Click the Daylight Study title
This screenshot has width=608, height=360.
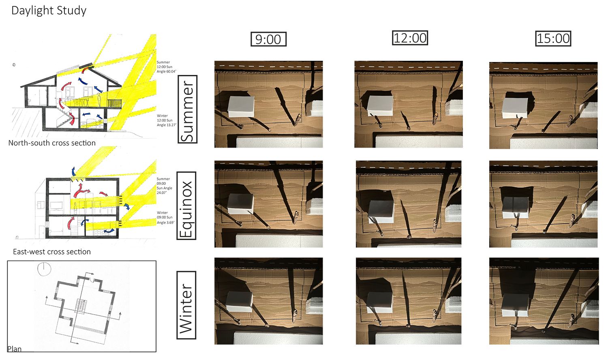pos(49,11)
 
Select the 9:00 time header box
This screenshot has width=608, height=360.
pos(268,39)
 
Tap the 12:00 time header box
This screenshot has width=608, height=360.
pos(410,38)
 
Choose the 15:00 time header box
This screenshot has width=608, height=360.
pos(553,39)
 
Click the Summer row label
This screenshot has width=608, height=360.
pos(187,109)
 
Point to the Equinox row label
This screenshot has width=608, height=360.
pos(186,206)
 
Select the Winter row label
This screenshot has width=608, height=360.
pos(186,305)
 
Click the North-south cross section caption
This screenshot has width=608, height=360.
pos(52,143)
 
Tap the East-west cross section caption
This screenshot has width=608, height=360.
pos(52,252)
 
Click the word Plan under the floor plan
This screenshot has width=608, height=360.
pos(14,349)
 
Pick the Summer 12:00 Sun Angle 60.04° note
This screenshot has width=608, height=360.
pos(166,67)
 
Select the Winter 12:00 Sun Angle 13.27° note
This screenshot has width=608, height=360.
pos(166,120)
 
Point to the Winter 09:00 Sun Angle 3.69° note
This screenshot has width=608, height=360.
pos(165,217)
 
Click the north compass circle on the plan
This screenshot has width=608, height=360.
pos(44,269)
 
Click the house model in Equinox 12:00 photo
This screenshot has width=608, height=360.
pos(381,212)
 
